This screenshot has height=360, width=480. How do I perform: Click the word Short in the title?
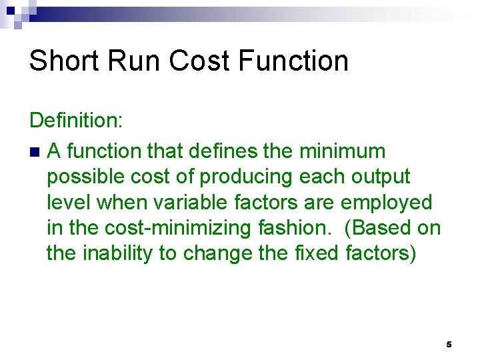[64, 61]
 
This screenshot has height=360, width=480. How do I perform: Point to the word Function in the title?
[292, 61]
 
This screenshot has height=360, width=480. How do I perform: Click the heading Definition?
[73, 121]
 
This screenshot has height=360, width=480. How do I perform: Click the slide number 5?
[449, 345]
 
